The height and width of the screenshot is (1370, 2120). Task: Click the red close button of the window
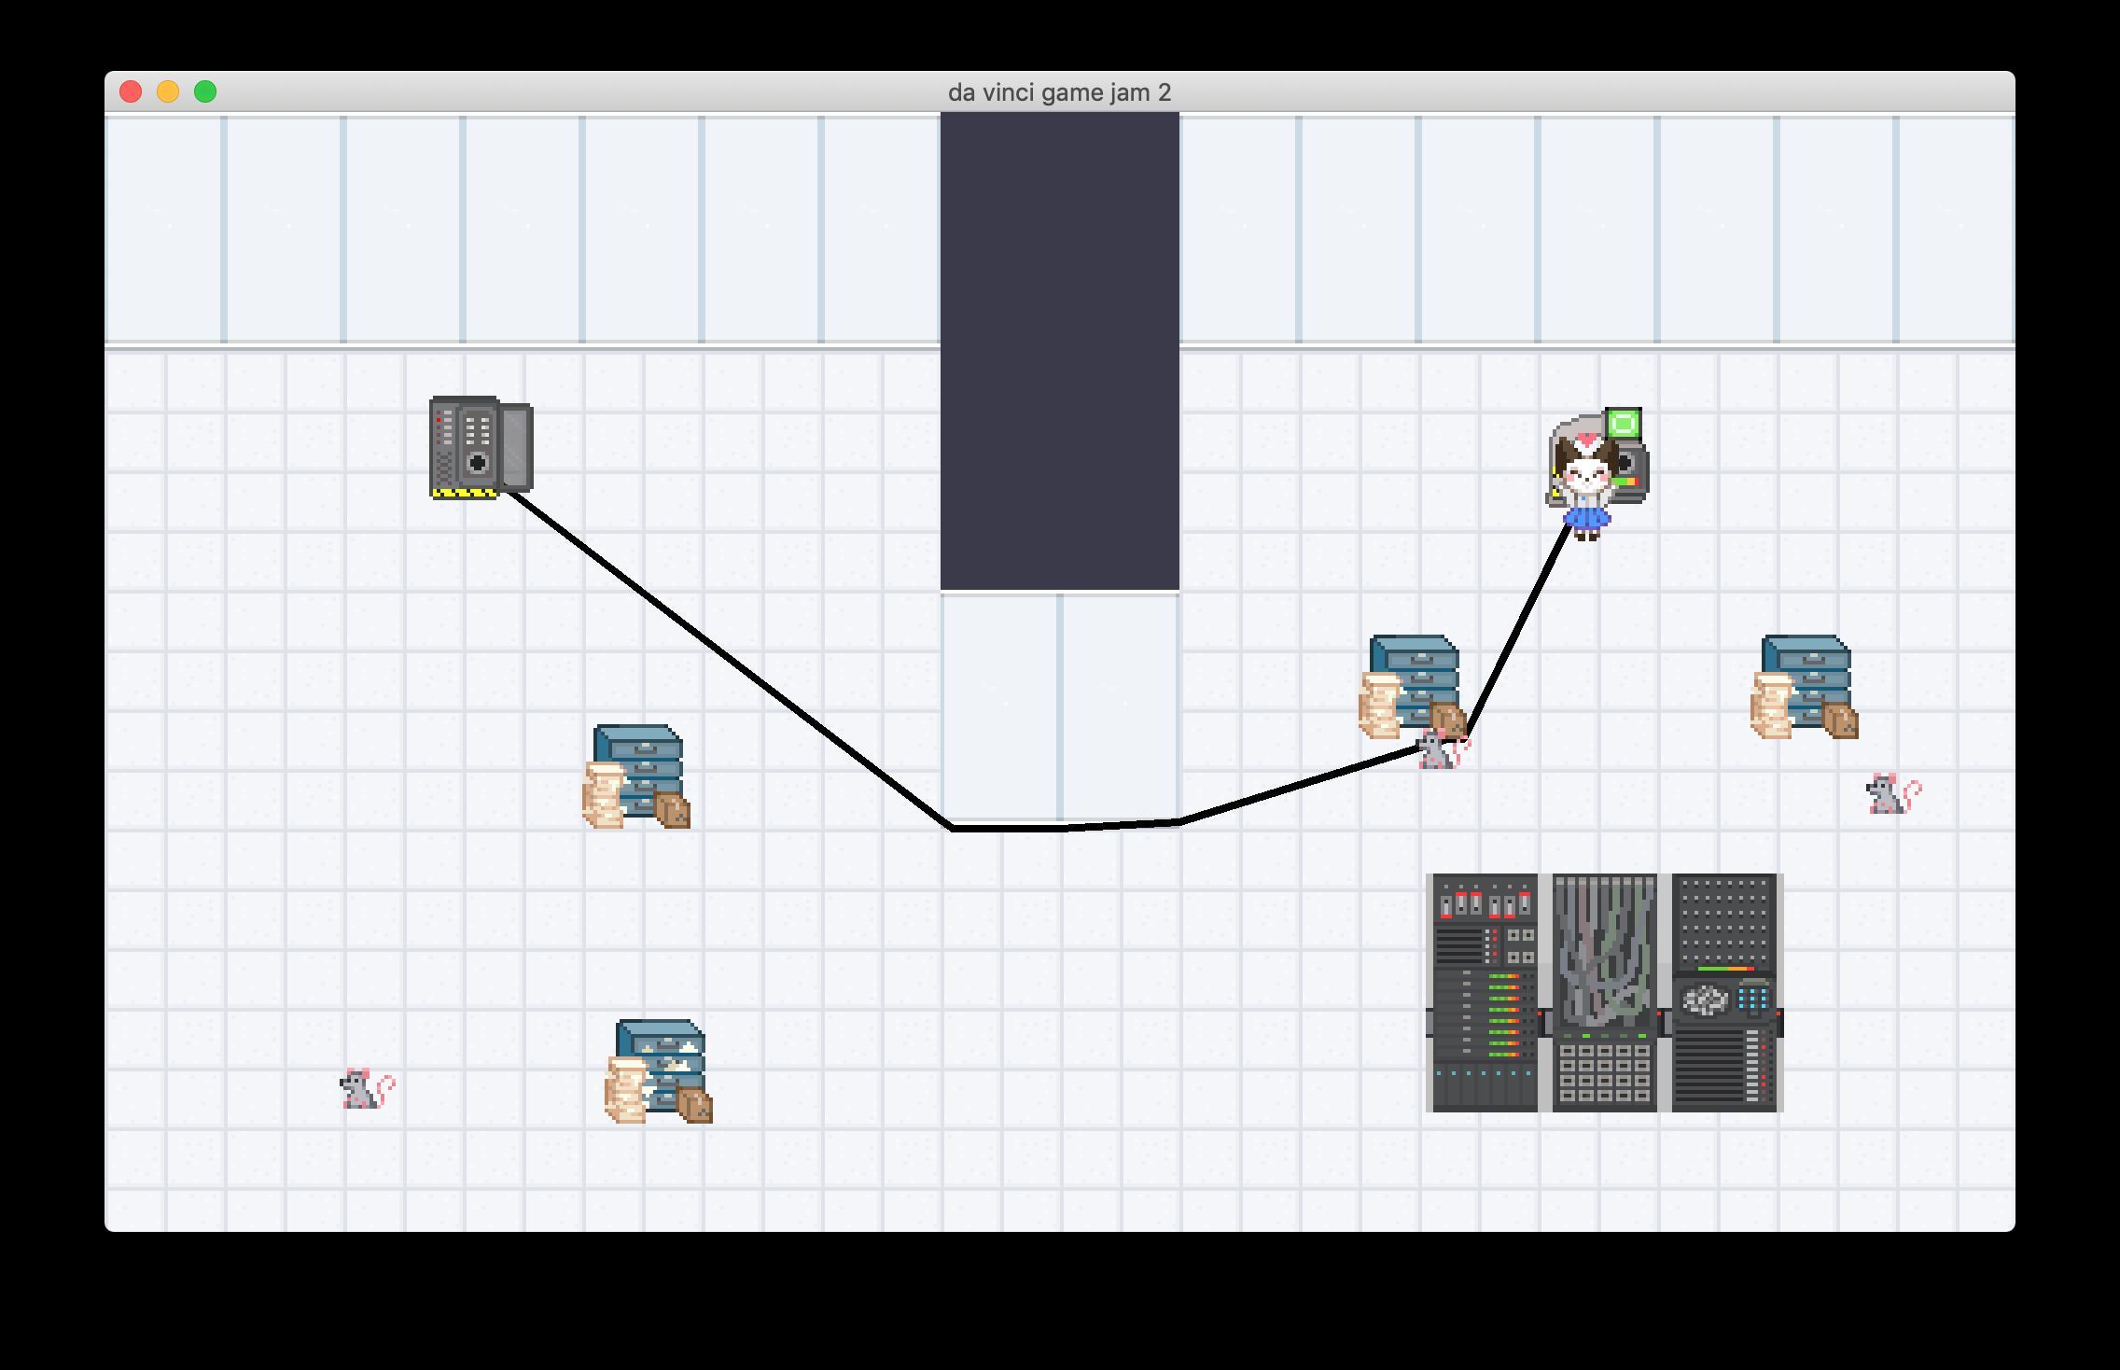(131, 91)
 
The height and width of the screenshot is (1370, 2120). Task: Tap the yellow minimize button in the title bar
(168, 91)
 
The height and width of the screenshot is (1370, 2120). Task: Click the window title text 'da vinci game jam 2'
(1059, 92)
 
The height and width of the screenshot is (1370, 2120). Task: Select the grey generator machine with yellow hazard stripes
(481, 448)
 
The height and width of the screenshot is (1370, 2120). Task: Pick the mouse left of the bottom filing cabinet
(367, 1088)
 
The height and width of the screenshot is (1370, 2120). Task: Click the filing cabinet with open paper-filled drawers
(658, 1071)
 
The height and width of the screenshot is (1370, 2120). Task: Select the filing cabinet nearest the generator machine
(636, 776)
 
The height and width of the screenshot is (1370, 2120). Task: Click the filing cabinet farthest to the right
(1805, 687)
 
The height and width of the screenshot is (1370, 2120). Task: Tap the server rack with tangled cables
(1604, 993)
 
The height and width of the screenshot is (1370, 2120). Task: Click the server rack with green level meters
(1485, 993)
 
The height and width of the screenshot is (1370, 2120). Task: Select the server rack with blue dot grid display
(1725, 993)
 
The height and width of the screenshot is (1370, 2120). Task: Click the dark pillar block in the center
(1060, 352)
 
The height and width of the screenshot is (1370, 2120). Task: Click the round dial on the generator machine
(478, 462)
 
